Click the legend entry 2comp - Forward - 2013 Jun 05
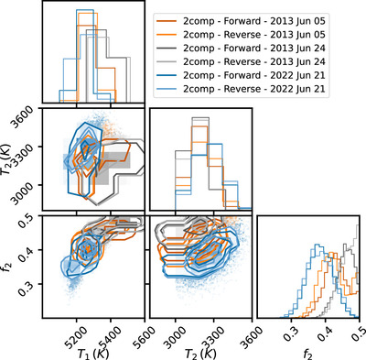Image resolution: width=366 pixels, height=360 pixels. [241, 21]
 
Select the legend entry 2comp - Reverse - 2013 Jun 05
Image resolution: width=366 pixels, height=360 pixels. [241, 35]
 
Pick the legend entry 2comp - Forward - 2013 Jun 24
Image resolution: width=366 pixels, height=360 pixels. [241, 48]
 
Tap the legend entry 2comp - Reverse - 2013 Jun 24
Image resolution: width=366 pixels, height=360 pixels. [241, 61]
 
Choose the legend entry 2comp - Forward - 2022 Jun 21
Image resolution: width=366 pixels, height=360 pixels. [241, 75]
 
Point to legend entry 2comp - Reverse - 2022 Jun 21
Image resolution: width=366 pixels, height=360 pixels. [241, 89]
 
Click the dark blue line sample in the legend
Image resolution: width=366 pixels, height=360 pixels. [167, 75]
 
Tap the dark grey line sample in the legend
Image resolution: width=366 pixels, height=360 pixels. [167, 49]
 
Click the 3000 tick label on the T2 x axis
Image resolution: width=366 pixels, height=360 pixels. [175, 336]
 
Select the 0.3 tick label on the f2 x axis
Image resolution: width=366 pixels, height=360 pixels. [292, 333]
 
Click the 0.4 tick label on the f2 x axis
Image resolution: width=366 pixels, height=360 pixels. [326, 333]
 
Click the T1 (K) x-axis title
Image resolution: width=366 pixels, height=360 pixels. [93, 354]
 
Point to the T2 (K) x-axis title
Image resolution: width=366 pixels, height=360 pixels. [200, 354]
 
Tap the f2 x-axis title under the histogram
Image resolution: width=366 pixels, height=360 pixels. [308, 355]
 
